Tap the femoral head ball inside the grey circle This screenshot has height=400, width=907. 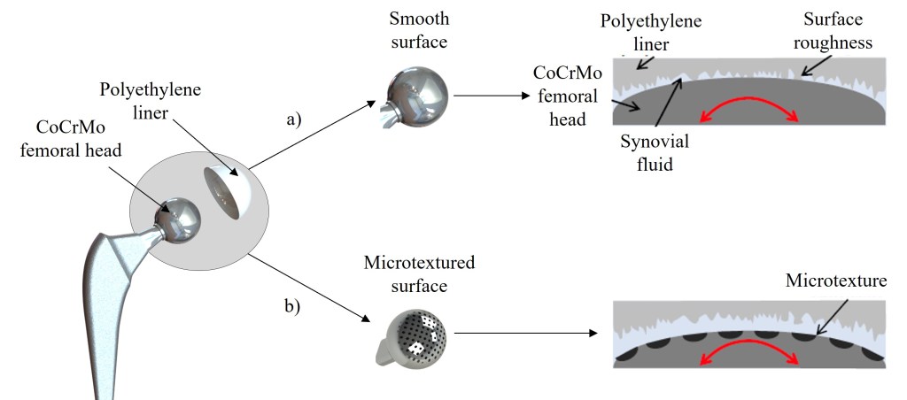point(177,217)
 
